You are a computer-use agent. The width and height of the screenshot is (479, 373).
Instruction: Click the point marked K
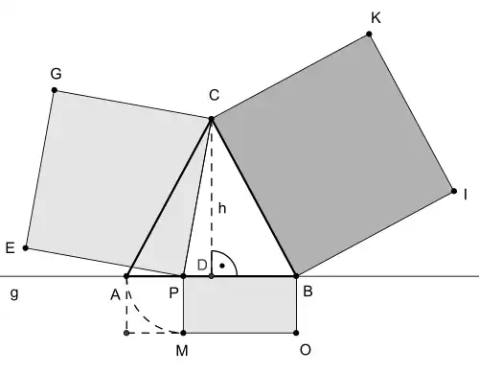coord(369,34)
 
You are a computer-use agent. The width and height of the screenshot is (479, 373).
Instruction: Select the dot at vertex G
coord(55,90)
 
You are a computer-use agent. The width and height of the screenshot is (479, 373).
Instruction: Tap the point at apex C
coord(211,119)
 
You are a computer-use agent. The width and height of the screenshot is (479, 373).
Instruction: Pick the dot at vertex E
coord(26,247)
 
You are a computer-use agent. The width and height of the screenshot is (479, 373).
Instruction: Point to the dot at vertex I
coord(454,191)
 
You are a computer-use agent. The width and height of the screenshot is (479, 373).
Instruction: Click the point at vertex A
coord(126,276)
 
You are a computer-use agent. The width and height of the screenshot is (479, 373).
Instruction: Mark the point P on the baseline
coord(183,276)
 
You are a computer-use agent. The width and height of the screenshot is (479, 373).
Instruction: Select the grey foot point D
coord(211,276)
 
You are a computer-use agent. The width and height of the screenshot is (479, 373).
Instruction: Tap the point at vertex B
coord(296,276)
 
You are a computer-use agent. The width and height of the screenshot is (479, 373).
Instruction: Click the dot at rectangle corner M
coord(183,333)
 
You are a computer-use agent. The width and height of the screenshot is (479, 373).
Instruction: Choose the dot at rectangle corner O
coord(296,333)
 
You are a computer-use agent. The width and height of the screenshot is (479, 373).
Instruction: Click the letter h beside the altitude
coord(222,208)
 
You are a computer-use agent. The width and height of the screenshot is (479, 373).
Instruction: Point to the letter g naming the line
coord(14,293)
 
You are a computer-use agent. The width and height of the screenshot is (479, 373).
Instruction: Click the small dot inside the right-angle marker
coord(222,266)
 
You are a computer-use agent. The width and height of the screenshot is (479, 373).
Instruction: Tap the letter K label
coord(376,18)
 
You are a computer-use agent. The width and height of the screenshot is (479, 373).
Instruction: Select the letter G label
coord(56,74)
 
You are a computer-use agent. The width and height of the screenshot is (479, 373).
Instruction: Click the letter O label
coord(306,350)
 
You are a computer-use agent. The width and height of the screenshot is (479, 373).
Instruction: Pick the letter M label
coord(182,351)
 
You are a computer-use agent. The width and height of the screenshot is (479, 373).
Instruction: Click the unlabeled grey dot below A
coord(126,333)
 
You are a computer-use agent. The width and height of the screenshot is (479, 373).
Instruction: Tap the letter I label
coord(466,195)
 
